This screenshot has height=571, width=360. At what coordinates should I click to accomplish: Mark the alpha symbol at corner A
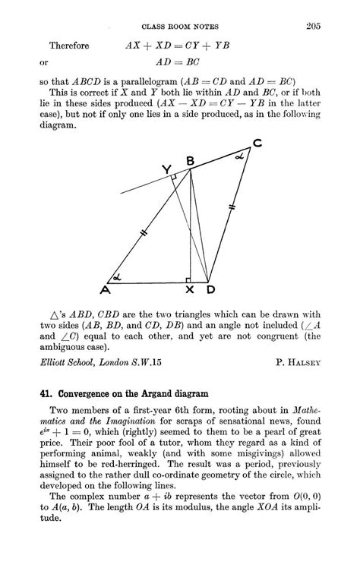tap(117, 276)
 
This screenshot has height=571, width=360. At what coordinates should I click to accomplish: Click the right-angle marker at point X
tap(186, 279)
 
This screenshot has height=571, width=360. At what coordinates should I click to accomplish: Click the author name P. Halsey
tap(298, 363)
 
